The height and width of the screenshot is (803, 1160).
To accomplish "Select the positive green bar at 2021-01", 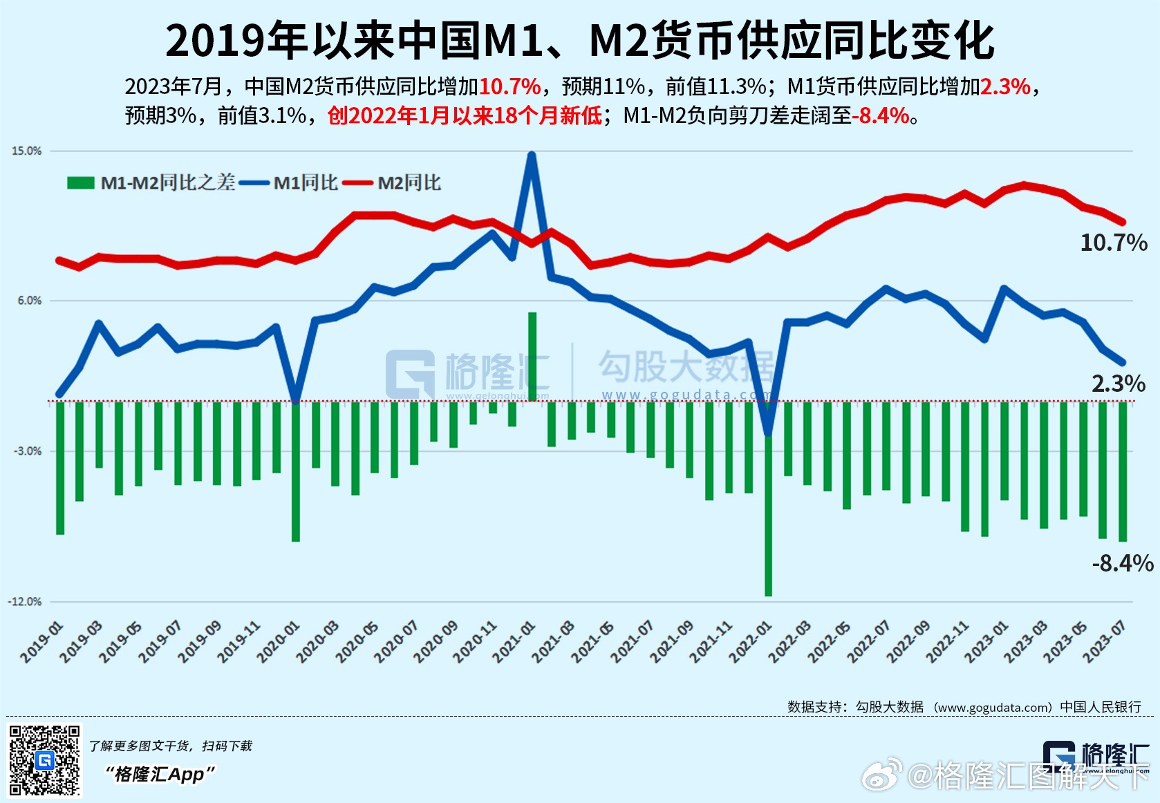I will [x=532, y=357].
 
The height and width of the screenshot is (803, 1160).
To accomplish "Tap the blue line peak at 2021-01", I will [x=531, y=156].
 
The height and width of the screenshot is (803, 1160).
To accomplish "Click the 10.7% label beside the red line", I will [x=1113, y=243].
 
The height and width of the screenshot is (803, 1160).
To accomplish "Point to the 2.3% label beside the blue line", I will [x=1118, y=384].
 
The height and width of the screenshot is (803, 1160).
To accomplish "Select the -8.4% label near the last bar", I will [x=1122, y=563].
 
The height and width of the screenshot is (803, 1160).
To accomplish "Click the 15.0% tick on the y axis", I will [x=26, y=151].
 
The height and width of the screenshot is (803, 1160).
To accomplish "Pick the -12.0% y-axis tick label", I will [x=24, y=601].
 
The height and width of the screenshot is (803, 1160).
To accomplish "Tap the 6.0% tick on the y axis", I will [x=28, y=301].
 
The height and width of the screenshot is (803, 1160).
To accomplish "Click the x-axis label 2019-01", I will [x=41, y=643].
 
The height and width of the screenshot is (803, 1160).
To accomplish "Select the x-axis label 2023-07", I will [x=1104, y=643].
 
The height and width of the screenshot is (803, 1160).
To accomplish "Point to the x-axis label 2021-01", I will [x=514, y=643].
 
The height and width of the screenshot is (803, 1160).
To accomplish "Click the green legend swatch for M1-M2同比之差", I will [x=81, y=183].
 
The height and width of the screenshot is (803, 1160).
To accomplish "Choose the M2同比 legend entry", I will [x=409, y=183].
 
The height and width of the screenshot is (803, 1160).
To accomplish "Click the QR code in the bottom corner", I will [x=44, y=760].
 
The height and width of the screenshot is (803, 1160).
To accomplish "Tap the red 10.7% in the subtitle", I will [x=509, y=86].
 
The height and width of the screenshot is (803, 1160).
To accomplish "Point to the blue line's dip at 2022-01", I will [x=768, y=434].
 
